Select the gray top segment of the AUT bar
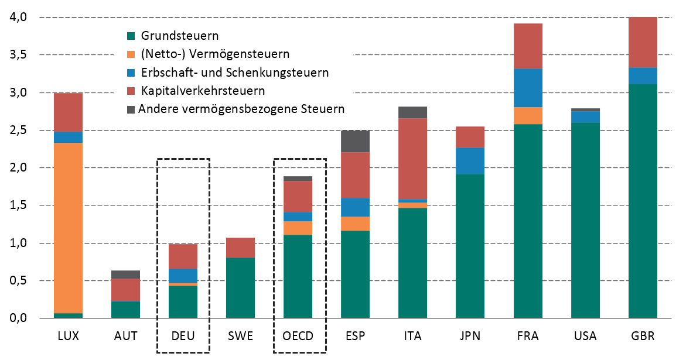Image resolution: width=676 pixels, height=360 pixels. [x=125, y=275]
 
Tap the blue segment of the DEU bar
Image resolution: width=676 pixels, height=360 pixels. [x=183, y=276]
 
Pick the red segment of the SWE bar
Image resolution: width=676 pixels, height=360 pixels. [x=240, y=248]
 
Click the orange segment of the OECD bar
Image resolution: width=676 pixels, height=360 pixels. [x=298, y=228]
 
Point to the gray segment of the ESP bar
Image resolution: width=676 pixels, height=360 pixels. [x=355, y=141]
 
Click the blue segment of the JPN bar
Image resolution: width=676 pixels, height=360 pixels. [x=470, y=161]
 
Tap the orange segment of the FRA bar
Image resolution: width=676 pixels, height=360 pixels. [x=527, y=115]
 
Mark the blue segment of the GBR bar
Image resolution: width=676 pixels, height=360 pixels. [x=642, y=76]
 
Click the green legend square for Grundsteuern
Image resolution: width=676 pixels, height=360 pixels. [x=132, y=36]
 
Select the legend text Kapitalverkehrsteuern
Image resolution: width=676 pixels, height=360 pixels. [x=203, y=91]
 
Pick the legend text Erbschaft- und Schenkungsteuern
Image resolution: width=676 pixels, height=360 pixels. [x=235, y=73]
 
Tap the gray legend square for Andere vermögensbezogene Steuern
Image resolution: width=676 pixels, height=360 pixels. [x=132, y=109]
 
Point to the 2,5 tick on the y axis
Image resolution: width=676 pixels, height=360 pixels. [x=19, y=130]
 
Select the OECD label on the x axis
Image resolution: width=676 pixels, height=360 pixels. [x=298, y=337]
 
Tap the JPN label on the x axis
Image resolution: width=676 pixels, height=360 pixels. [x=470, y=337]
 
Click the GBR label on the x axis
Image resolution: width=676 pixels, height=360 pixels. [x=643, y=337]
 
